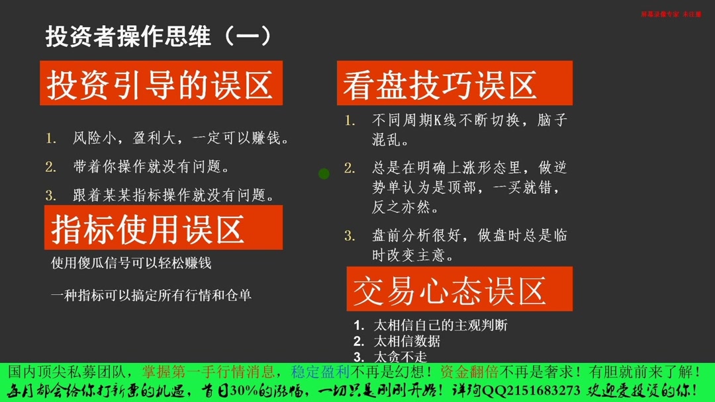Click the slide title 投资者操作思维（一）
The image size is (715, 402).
coord(158,37)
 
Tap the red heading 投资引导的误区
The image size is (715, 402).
coord(160,85)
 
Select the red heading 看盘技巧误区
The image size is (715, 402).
coord(440,86)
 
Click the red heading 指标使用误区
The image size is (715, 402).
coord(148,229)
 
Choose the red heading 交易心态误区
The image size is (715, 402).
coord(450,291)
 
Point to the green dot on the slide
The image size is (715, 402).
coord(324,174)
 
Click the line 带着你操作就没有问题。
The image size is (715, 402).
coord(152,167)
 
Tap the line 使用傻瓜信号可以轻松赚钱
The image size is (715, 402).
coord(131,263)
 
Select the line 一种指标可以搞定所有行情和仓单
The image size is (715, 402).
coord(151,296)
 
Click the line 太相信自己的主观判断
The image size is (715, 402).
coord(440,325)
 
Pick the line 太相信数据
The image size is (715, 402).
coord(406,341)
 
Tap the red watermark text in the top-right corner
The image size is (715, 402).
coord(671,14)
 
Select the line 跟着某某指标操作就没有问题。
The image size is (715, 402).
coord(173,196)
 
